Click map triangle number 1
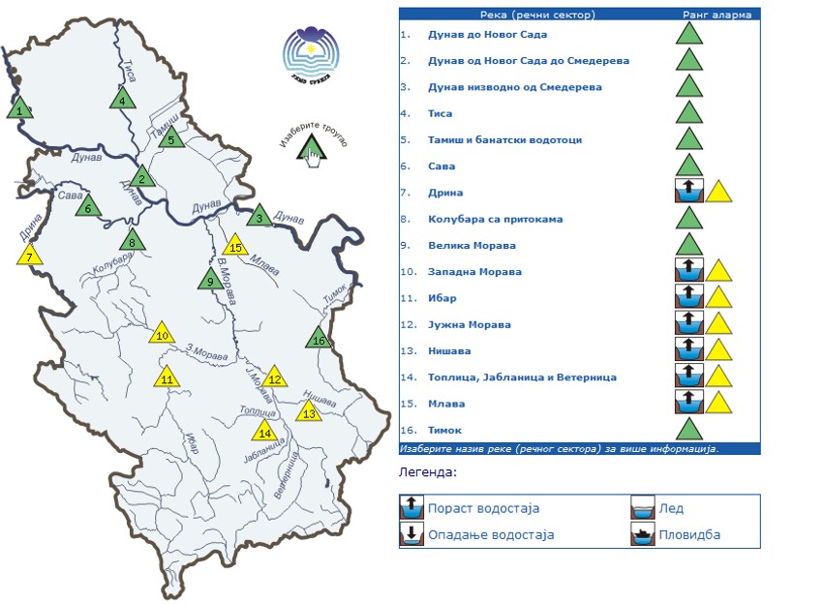[19, 108]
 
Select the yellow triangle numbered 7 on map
[30, 256]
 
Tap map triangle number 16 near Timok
[319, 338]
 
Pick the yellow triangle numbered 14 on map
[263, 431]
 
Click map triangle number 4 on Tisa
[122, 99]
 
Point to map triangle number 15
[234, 246]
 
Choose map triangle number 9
[209, 281]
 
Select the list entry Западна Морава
[474, 272]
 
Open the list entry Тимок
[445, 430]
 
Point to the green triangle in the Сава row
[688, 166]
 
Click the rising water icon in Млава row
[688, 403]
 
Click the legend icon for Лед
[643, 508]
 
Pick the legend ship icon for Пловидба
[643, 534]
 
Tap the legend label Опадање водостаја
[490, 534]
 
